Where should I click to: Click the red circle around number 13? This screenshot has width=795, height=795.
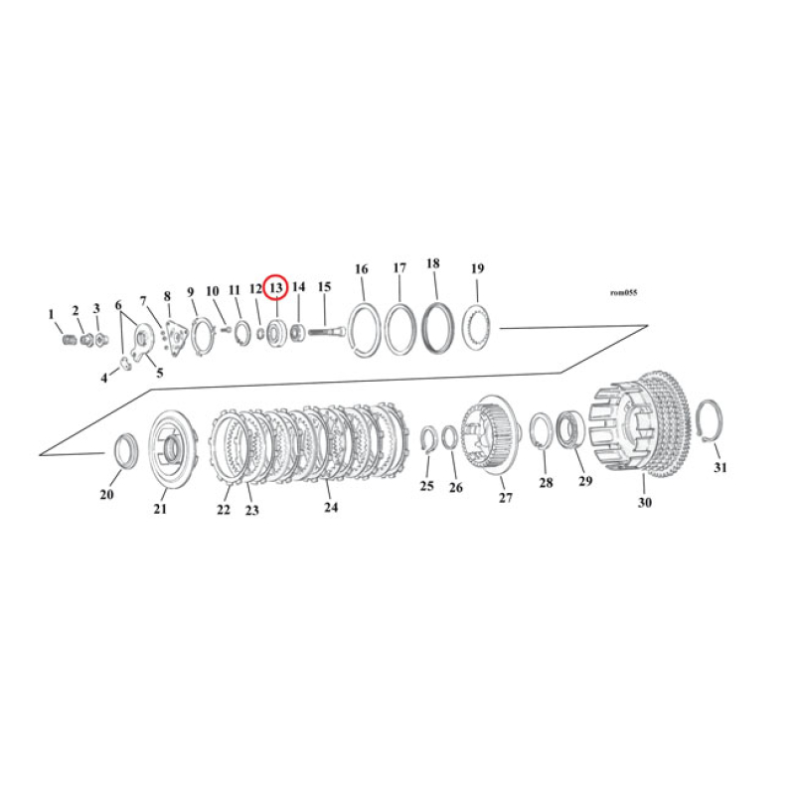click(x=276, y=287)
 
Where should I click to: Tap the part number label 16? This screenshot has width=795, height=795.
click(x=361, y=269)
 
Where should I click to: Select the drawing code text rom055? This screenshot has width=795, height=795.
click(x=623, y=293)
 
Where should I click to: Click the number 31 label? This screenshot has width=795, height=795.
click(x=720, y=467)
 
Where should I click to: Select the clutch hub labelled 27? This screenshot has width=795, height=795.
click(x=493, y=433)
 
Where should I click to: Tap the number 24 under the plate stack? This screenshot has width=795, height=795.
click(x=331, y=507)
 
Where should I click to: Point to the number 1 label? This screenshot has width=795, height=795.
click(x=52, y=315)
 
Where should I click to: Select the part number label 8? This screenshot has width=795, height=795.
click(x=167, y=295)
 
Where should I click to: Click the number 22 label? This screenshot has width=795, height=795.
click(x=224, y=510)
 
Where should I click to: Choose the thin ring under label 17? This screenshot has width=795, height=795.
click(x=399, y=328)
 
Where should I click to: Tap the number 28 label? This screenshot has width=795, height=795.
click(x=546, y=483)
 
